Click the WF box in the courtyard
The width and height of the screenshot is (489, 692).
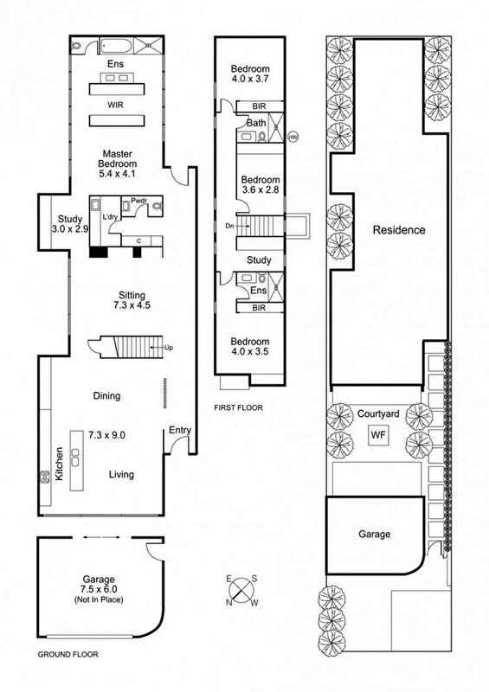(x=378, y=435)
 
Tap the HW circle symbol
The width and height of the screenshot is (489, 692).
(x=293, y=137)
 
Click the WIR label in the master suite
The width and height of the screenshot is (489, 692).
(x=115, y=105)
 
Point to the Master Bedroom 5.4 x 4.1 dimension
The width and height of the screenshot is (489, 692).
(x=117, y=174)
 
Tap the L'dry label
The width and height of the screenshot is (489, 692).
(x=110, y=217)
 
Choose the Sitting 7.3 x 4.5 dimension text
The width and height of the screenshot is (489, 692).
(x=132, y=305)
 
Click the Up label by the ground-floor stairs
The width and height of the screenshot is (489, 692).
(x=168, y=348)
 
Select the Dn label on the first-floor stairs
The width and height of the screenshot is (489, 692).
(x=229, y=226)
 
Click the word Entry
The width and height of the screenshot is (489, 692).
(x=180, y=430)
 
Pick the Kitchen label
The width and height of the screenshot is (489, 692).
(x=59, y=464)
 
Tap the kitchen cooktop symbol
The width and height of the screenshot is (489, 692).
(x=45, y=477)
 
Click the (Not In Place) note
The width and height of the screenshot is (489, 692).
(x=99, y=599)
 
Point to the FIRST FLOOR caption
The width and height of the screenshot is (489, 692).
(x=238, y=407)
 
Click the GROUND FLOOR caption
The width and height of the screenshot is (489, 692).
(x=68, y=654)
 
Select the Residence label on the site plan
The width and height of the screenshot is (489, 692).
(x=399, y=230)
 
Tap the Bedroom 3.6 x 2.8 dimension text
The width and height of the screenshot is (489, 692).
(x=261, y=190)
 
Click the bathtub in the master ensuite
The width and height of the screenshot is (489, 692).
(x=116, y=46)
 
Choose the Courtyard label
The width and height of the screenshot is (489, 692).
(x=378, y=414)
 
